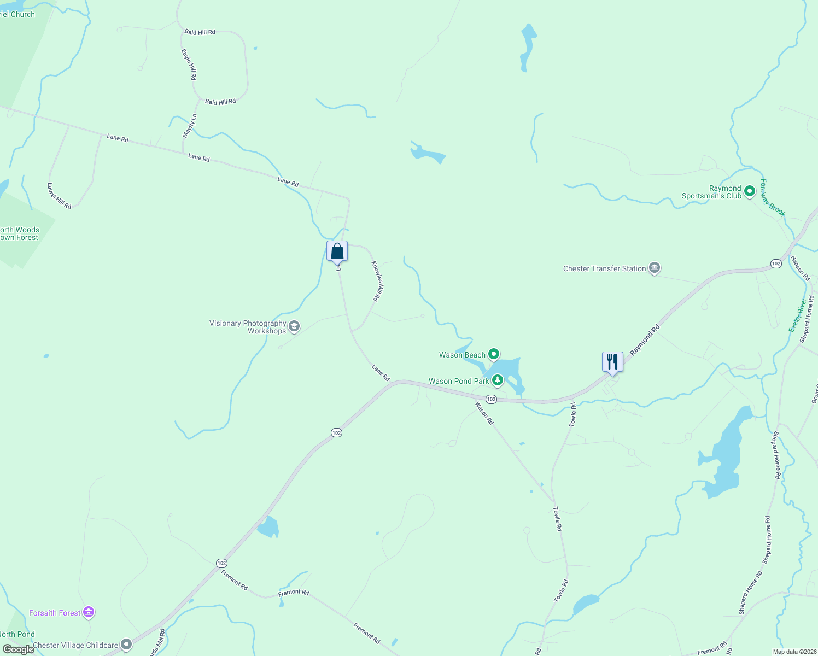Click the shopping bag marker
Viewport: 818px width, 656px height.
(337, 251)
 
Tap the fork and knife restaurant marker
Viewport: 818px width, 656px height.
(612, 362)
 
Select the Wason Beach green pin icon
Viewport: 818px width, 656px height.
(494, 355)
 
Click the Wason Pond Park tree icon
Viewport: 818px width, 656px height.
(498, 380)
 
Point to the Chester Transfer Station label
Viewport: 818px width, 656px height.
(604, 268)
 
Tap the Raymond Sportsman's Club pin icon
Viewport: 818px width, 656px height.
(750, 191)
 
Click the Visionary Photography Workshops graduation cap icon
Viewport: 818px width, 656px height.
(294, 327)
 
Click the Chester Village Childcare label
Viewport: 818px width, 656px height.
(75, 645)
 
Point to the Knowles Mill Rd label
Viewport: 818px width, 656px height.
(378, 281)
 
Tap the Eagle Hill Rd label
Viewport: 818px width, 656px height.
(189, 65)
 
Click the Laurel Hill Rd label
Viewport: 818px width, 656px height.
(59, 196)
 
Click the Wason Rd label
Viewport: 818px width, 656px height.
(484, 413)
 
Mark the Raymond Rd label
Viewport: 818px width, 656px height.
(645, 340)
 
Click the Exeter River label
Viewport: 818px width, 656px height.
(797, 314)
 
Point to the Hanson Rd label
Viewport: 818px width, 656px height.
(800, 268)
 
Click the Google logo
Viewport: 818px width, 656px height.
(18, 649)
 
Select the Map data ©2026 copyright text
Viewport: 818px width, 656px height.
(793, 652)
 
